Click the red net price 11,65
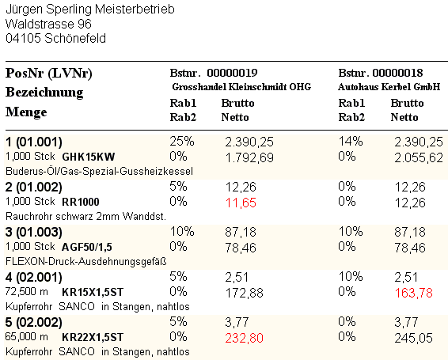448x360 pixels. coord(241,203)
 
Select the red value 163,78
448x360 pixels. coord(414,293)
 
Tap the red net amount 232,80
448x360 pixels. coord(244,338)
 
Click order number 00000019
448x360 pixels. coord(232,73)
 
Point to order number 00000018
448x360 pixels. coord(397,73)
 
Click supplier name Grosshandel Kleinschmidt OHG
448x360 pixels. coord(241,87)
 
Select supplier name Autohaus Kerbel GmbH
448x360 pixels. coord(389,87)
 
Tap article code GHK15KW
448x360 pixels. coord(89,157)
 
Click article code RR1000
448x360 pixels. coord(81,202)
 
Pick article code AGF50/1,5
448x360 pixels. coord(87,247)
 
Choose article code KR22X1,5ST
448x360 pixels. coord(93,337)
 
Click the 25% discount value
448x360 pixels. coord(182,141)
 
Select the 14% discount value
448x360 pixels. coord(351,141)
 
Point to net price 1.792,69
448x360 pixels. coord(249,157)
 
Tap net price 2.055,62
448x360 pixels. coord(419,157)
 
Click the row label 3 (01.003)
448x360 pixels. coord(34,232)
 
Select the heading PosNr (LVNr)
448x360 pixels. coord(49,73)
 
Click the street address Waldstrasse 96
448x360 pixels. coord(48,24)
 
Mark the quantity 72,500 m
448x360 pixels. coord(27,292)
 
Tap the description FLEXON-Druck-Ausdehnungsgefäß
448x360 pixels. coord(86,261)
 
